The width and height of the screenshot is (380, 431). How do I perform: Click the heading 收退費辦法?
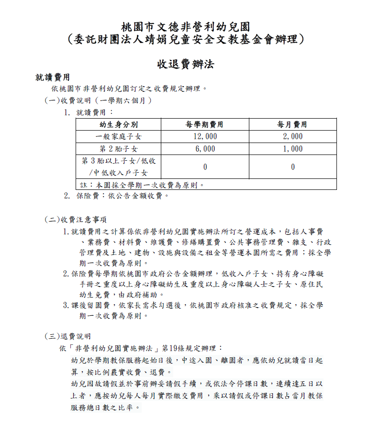click(x=186, y=65)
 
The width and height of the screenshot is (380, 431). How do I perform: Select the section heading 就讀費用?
click(x=53, y=77)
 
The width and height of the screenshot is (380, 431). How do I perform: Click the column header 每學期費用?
click(x=205, y=125)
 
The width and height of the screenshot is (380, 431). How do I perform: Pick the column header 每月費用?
click(x=292, y=125)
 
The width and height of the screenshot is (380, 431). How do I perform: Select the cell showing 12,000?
click(x=205, y=137)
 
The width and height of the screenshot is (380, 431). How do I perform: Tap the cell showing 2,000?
click(x=292, y=137)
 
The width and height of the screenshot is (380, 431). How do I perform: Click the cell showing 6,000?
click(x=205, y=149)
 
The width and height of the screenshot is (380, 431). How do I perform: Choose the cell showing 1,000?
click(x=292, y=149)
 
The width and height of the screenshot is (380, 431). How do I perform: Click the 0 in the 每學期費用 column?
click(x=205, y=167)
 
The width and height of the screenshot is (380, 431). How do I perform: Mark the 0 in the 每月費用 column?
click(x=292, y=167)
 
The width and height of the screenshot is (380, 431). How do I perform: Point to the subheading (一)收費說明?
click(x=98, y=100)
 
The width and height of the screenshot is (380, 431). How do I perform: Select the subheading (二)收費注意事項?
click(x=75, y=220)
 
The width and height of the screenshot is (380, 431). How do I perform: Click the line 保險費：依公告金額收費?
click(x=122, y=196)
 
